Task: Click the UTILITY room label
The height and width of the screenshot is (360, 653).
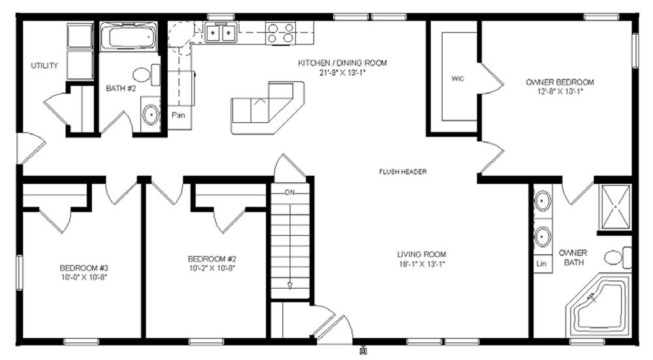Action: click(x=44, y=65)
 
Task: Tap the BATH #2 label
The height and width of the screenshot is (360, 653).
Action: click(x=121, y=88)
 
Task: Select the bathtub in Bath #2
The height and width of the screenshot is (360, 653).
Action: click(x=129, y=37)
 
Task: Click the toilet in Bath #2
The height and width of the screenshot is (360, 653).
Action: click(x=146, y=75)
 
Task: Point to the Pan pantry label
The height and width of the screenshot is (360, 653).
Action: click(x=178, y=115)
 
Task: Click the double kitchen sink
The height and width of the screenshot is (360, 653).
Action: click(x=221, y=33)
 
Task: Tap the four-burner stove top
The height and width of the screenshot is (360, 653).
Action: click(x=281, y=33)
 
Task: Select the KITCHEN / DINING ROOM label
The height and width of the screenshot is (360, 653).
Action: click(x=342, y=63)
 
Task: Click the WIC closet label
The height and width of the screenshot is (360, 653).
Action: click(x=458, y=79)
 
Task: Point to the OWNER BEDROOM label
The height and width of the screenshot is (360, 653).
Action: click(x=560, y=82)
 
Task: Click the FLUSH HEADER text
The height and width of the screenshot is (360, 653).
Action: click(x=403, y=172)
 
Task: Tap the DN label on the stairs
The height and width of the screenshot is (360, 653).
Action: click(x=290, y=193)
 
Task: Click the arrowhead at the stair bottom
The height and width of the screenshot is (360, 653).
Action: click(x=290, y=286)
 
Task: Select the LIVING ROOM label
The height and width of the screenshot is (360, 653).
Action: click(x=421, y=254)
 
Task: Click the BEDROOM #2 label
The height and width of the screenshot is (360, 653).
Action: click(x=212, y=259)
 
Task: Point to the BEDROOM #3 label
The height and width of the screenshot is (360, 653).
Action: click(x=84, y=268)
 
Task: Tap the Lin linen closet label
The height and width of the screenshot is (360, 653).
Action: click(x=541, y=263)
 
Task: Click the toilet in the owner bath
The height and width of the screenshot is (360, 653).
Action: click(x=618, y=257)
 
